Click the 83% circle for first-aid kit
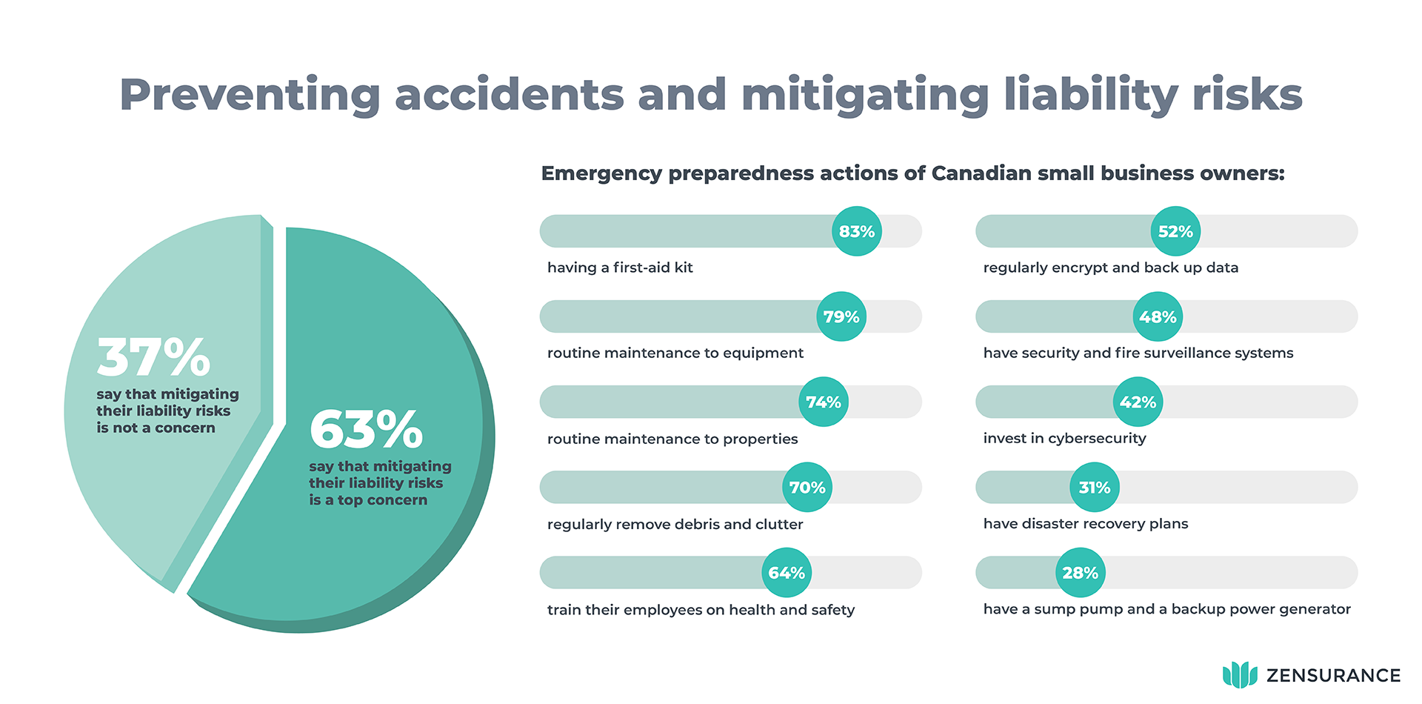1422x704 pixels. click(x=857, y=231)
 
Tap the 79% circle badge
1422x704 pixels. click(x=841, y=316)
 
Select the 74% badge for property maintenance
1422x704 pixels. click(x=824, y=402)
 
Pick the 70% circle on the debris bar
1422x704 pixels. click(x=807, y=488)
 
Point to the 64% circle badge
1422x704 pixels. click(x=787, y=573)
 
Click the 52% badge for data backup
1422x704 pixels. click(x=1175, y=231)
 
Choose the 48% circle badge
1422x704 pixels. click(x=1158, y=316)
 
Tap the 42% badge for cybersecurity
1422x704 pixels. click(x=1138, y=402)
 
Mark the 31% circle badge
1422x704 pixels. click(x=1095, y=488)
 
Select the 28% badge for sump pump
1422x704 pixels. click(x=1080, y=573)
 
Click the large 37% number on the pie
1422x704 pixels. click(x=154, y=357)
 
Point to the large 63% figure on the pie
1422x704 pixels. click(x=366, y=430)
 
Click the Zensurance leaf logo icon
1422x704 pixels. click(x=1240, y=675)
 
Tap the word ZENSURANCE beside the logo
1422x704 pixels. click(x=1333, y=676)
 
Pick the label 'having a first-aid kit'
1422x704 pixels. click(x=620, y=268)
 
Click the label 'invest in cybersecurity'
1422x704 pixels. click(x=1064, y=438)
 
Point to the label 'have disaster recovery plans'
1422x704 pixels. click(x=1085, y=524)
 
